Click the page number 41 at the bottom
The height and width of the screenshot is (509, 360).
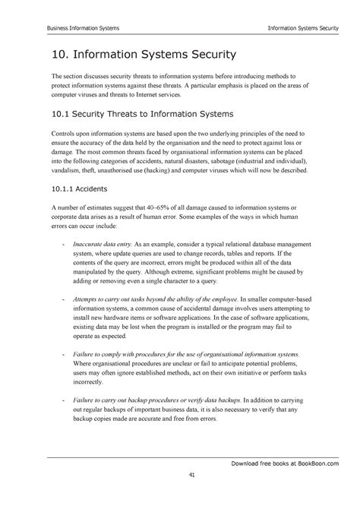tap(180, 475)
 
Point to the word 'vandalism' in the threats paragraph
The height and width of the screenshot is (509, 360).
tap(69, 172)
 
